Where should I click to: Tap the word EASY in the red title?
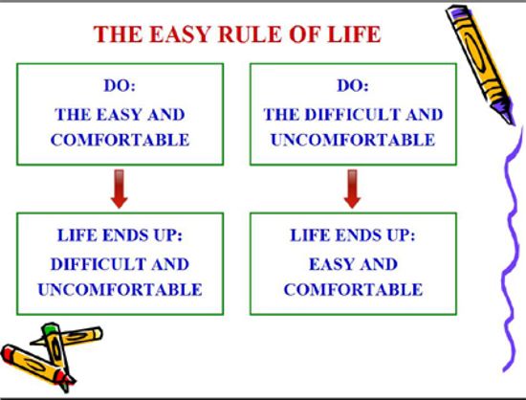coord(180,33)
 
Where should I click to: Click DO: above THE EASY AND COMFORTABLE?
coord(120,85)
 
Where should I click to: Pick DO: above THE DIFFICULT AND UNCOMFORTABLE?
coord(353,85)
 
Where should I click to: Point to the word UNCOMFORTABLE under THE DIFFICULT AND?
coord(353,140)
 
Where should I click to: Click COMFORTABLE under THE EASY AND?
coord(120,140)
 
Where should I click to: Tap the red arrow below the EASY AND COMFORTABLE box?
coord(120,189)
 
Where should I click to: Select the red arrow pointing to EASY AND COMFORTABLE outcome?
coord(352,189)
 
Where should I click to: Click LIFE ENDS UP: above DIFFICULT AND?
coord(120,234)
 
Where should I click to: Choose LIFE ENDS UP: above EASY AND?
coord(353,234)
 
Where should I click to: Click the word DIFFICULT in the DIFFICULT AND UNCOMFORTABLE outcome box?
coord(98,264)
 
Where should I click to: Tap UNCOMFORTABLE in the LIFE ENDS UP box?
coord(120,290)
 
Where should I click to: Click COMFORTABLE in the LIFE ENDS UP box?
coord(353,290)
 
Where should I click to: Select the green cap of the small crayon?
coord(49,327)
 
